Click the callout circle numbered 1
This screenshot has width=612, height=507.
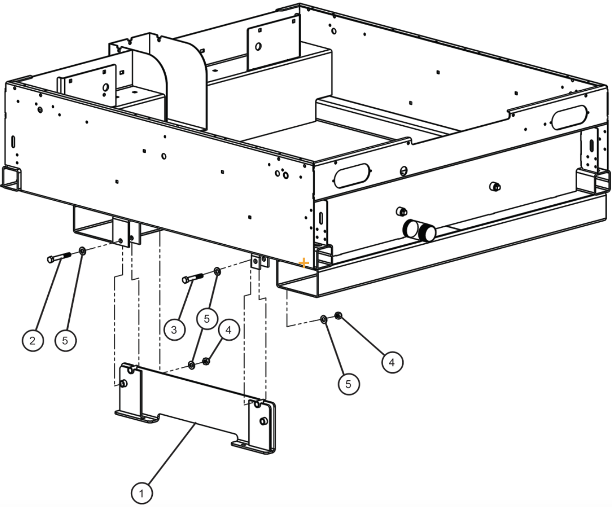coord(142,493)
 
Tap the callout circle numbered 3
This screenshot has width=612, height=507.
coord(174,329)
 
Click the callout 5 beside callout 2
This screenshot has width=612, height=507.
coord(66,340)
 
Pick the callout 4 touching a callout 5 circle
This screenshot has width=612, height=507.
coord(228,330)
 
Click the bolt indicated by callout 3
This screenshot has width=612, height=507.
coord(192,279)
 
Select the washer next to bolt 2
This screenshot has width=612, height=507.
coord(82,251)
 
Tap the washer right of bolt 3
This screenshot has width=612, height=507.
coord(216,270)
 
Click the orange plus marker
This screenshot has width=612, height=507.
coord(304,263)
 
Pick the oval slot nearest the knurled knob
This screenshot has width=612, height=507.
coord(352,175)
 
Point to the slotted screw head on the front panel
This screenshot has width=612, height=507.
coord(403,170)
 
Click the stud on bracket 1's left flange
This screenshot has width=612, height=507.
coord(124,384)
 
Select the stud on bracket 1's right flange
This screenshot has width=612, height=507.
coord(263,421)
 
